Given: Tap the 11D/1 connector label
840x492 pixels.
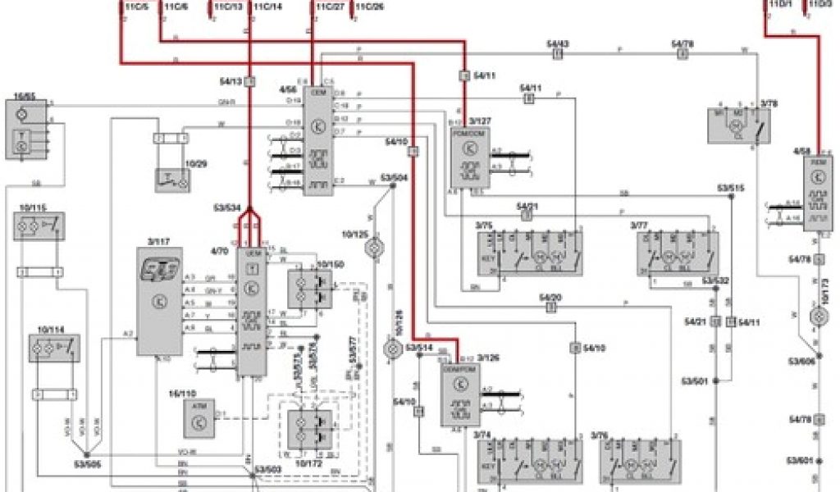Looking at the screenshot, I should tap(780, 6).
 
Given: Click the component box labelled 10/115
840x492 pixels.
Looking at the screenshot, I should tap(39, 225).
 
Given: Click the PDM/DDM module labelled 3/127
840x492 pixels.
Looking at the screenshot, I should tap(469, 157).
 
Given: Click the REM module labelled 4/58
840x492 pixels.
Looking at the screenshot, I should tap(819, 195).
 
